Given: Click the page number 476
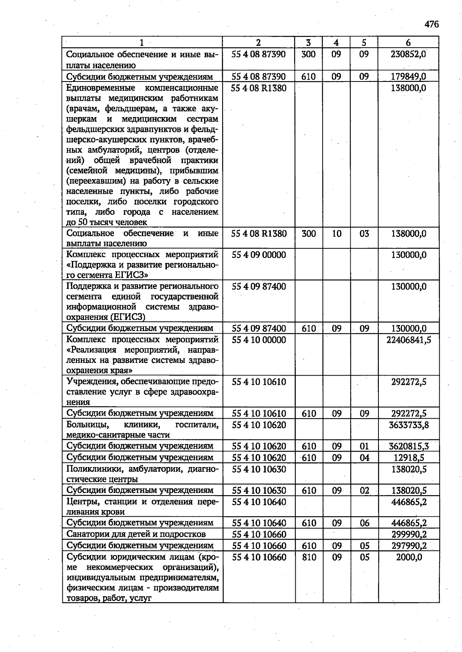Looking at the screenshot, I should click(432, 24).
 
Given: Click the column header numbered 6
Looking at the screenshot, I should click(408, 43).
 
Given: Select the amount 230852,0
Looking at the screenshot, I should click(408, 54).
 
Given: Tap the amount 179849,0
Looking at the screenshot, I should click(408, 77).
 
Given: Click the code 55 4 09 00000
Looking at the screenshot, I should click(259, 255).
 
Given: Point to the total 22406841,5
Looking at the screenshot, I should click(408, 340).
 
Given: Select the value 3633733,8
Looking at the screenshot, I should click(408, 425).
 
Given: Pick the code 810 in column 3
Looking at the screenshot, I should click(309, 557).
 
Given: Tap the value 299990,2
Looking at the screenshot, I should click(409, 534).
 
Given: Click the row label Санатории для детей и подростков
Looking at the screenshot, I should click(136, 534).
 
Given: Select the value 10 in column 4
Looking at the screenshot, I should click(336, 233).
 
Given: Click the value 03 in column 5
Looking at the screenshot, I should click(364, 233).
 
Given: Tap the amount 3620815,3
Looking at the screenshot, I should click(408, 446).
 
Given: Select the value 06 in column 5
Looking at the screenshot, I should click(364, 523).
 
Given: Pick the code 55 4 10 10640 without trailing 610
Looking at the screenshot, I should click(259, 502).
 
